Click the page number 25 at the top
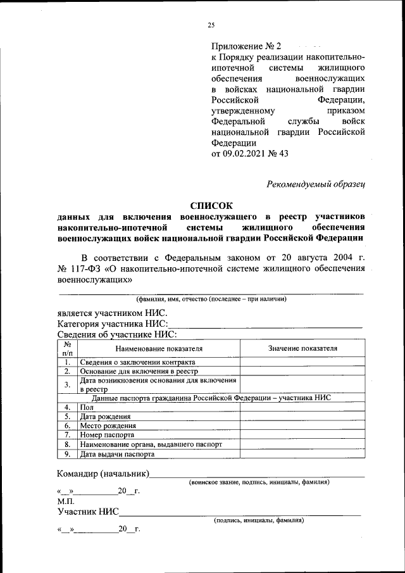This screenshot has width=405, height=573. pos(211,25)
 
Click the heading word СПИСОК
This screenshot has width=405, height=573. pos(211,205)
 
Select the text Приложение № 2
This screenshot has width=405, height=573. pos(245,46)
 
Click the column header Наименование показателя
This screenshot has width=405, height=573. pos(158,348)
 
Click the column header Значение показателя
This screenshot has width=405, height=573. pos(302,348)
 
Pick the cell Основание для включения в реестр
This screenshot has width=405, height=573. pos(139,371)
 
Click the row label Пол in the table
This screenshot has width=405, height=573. pos(86,407)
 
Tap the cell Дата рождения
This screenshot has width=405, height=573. pos(105,417)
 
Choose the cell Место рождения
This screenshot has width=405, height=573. pos(107,426)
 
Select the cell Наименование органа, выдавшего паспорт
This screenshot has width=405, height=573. pos(151,445)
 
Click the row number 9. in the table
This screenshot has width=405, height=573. pos(67,454)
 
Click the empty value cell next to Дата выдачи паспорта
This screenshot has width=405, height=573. pos(302,454)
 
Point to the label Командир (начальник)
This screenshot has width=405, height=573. pos(103,474)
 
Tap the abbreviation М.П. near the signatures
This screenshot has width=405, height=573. pos(66,501)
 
